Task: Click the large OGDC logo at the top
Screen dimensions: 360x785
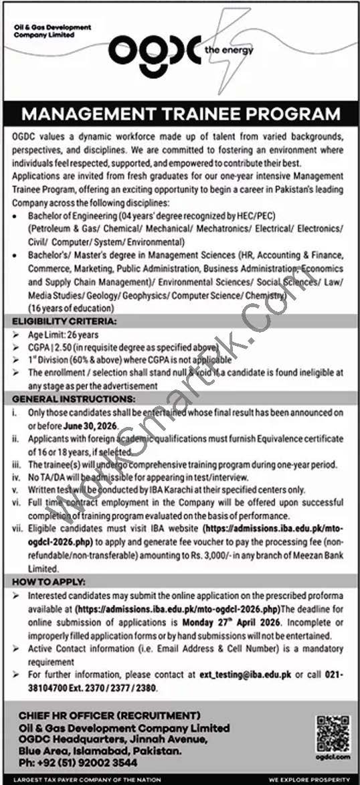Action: [154, 50]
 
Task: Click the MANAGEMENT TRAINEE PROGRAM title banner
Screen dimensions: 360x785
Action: [180, 112]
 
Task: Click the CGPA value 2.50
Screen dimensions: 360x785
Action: [69, 348]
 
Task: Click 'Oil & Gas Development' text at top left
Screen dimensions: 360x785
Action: [52, 27]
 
